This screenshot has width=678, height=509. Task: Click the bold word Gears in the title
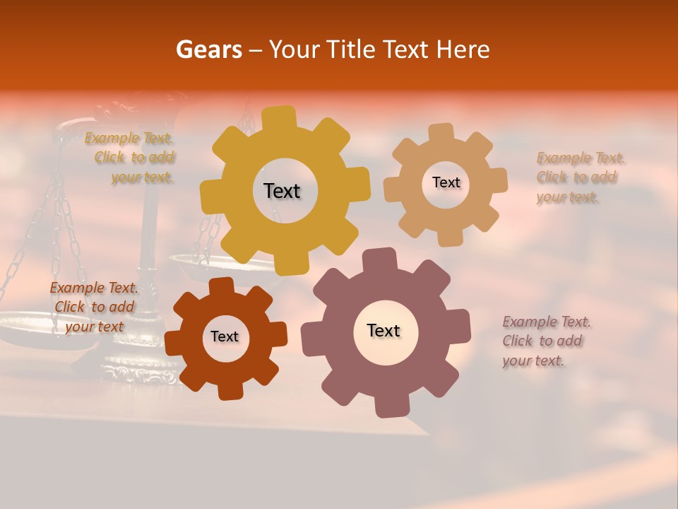pyautogui.click(x=208, y=50)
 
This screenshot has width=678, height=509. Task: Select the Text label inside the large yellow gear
pyautogui.click(x=282, y=191)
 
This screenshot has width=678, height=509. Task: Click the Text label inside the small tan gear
pyautogui.click(x=446, y=182)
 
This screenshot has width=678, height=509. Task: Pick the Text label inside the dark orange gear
pyautogui.click(x=225, y=337)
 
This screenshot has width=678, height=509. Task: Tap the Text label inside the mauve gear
pyautogui.click(x=383, y=330)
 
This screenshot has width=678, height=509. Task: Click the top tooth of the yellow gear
pyautogui.click(x=283, y=115)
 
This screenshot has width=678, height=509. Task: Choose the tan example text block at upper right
pyautogui.click(x=576, y=177)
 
